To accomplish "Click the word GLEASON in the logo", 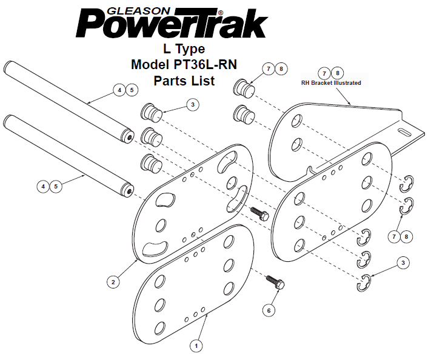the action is click(x=138, y=11).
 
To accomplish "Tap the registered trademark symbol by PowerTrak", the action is click(x=221, y=13).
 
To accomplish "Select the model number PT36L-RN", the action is click(x=205, y=65).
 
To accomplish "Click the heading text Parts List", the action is click(x=184, y=81).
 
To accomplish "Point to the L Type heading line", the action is click(x=184, y=49).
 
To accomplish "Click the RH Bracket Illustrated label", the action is click(x=331, y=82).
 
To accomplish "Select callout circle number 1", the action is click(x=196, y=346).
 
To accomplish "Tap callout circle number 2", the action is click(x=113, y=282).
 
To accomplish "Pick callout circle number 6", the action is click(x=269, y=310).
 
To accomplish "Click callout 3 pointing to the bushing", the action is click(x=193, y=104).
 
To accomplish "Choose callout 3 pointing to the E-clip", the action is click(x=403, y=263).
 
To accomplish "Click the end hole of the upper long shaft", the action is click(x=130, y=138).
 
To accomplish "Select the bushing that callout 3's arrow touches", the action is click(x=152, y=113).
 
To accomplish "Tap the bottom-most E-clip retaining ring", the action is click(x=363, y=283).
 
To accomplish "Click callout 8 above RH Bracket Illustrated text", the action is click(x=338, y=73).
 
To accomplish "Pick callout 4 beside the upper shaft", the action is click(x=119, y=90).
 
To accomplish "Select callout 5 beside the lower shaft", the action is click(x=56, y=187).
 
